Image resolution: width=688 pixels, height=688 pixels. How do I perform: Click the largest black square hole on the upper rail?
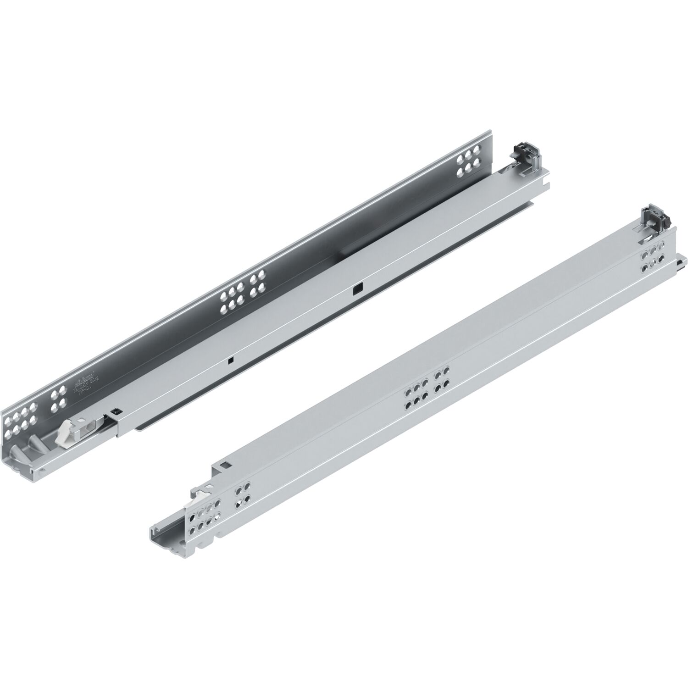(356, 289)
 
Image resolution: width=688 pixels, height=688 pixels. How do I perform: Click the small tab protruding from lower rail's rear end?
(682, 265)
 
